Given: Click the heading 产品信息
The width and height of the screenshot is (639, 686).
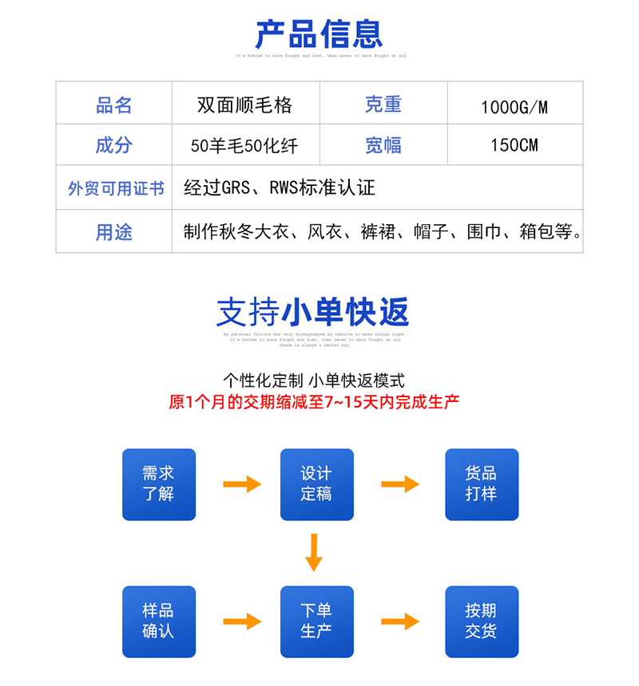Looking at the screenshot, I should coord(319,34).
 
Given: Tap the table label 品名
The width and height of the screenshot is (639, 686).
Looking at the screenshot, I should coord(113,105).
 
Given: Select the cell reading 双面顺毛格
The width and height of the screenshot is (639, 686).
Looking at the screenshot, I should coord(245,105).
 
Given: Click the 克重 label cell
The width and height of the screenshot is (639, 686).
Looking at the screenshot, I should coord(383,104).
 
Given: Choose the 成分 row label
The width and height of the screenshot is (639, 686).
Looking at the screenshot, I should coord(113,145).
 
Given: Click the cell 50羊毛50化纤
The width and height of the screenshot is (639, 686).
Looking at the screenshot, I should coord(244,146).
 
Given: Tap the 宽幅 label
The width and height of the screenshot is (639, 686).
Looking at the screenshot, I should coord(383,145).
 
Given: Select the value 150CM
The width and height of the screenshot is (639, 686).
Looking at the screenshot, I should coord(514,145).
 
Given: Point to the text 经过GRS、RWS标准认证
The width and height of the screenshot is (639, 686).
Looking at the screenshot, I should coord(280,188).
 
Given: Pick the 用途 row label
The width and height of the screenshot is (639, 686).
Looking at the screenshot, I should coord(113,232).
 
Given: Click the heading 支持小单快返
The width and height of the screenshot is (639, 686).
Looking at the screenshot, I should coord(312,312).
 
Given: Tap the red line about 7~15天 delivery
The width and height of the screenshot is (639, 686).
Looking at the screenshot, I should coord(314,402).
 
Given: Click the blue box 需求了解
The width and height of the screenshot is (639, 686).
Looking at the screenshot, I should coord(158,484).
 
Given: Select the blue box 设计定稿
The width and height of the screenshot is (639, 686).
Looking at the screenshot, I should coord(316,484).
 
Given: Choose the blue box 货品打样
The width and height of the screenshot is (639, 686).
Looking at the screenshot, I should coord(481,484).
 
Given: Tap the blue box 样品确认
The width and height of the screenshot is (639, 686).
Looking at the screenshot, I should coord(158,621).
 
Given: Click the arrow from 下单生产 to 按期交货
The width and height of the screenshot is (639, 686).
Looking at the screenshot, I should coord(400,621).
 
